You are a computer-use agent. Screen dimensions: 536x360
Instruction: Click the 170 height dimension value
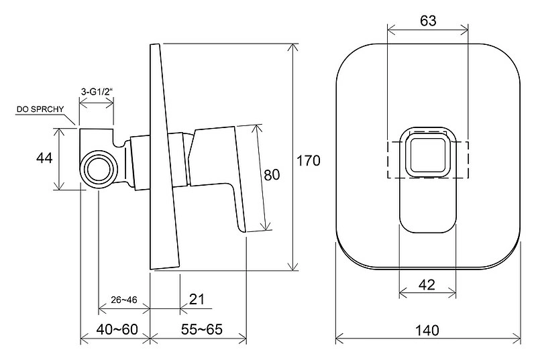[x=309, y=160]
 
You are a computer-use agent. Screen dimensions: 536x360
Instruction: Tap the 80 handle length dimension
[x=272, y=175]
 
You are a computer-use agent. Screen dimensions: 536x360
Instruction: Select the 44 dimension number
[x=44, y=158]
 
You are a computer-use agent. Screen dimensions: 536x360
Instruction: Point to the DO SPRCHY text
[x=40, y=109]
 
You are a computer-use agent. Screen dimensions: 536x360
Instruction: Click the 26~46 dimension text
[x=123, y=300]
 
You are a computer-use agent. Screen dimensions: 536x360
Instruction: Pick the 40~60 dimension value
[x=117, y=330]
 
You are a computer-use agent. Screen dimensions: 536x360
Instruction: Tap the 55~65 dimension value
[x=202, y=330]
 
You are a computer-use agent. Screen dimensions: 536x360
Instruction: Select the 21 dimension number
[x=197, y=299]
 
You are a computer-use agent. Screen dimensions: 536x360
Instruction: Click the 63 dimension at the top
[x=428, y=21]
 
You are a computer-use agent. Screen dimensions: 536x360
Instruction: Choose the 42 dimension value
[x=427, y=284]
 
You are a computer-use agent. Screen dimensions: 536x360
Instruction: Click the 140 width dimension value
[x=427, y=331]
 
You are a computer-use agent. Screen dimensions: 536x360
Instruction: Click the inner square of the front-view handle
[x=427, y=156]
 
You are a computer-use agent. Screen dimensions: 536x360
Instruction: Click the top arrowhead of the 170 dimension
[x=293, y=48]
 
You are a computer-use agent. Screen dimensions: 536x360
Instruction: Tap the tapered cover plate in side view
[x=164, y=156]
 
